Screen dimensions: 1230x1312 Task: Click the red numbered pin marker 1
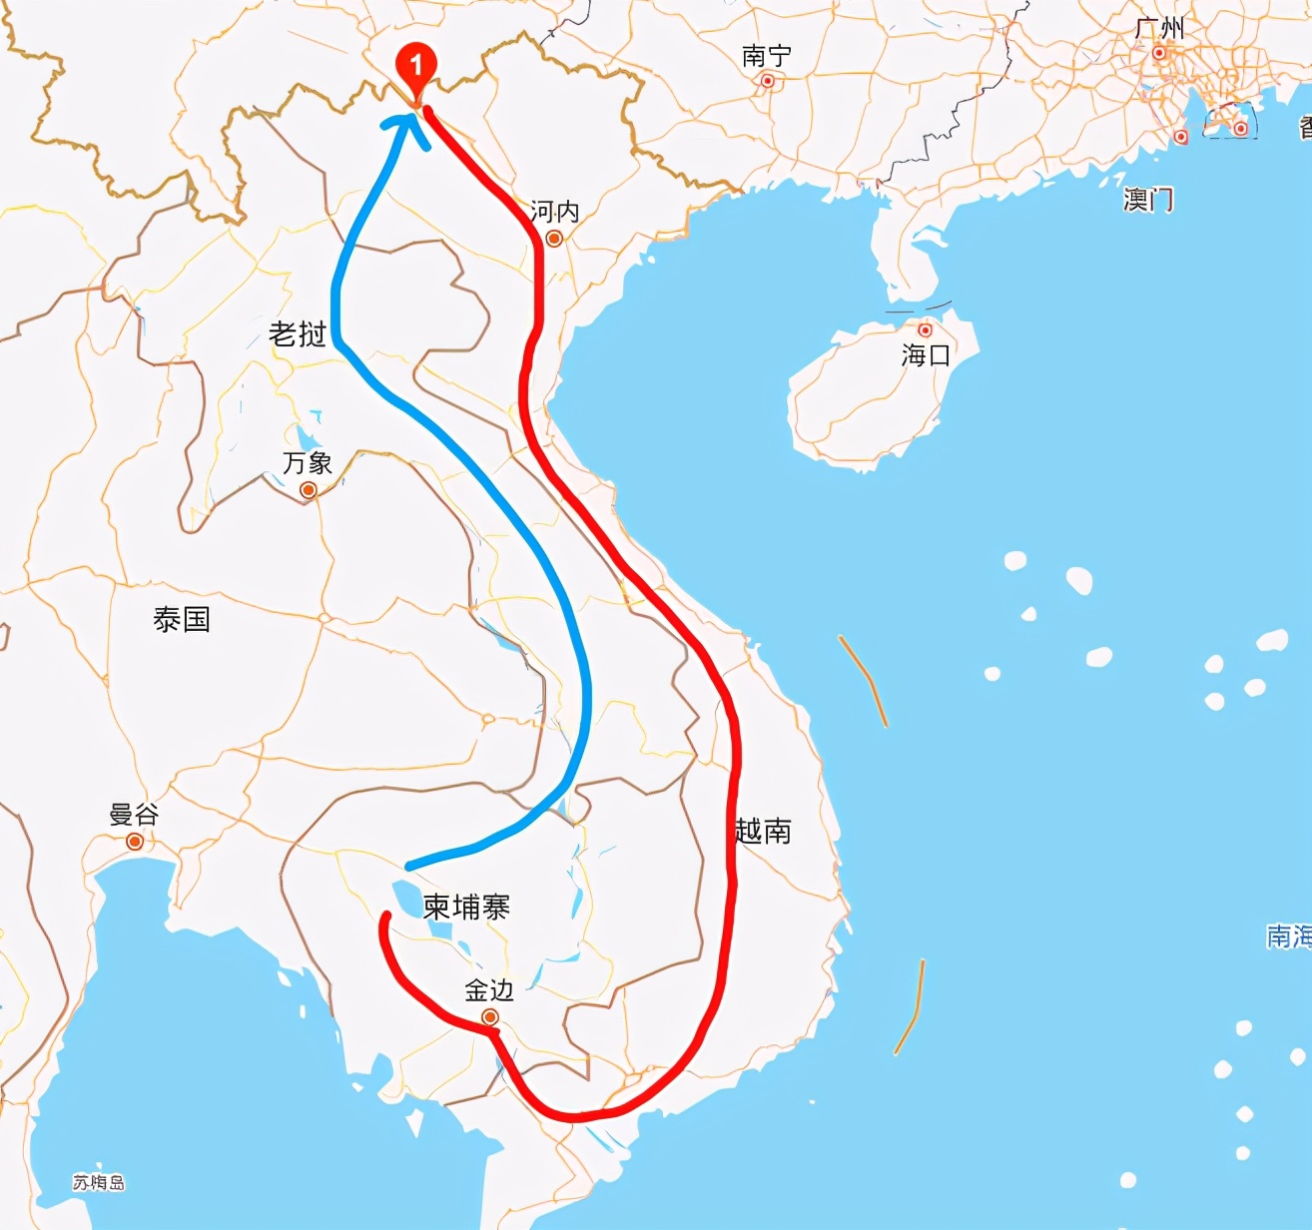[415, 67]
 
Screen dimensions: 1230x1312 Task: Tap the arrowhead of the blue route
[406, 126]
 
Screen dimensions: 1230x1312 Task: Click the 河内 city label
[554, 211]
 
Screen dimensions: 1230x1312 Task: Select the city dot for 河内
[554, 238]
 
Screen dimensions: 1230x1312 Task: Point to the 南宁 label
[766, 56]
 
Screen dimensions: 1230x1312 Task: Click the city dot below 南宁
[768, 82]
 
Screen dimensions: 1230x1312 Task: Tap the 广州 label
[1159, 28]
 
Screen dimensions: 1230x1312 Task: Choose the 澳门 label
[1147, 200]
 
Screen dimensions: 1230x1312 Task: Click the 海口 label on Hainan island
[926, 354]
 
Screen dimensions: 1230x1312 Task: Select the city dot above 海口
[926, 330]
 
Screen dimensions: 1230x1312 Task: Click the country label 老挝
[298, 334]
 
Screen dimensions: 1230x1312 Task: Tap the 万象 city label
[308, 463]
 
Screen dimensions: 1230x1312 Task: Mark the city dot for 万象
[309, 490]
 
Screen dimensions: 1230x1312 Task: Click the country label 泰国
[182, 620]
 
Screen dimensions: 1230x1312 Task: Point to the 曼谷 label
[134, 815]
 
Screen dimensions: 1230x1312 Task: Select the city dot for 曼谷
[135, 842]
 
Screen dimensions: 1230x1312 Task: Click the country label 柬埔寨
[466, 907]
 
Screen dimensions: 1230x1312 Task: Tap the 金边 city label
[489, 990]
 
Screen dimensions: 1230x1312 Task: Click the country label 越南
[763, 831]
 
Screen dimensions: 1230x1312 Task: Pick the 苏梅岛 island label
[99, 1183]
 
